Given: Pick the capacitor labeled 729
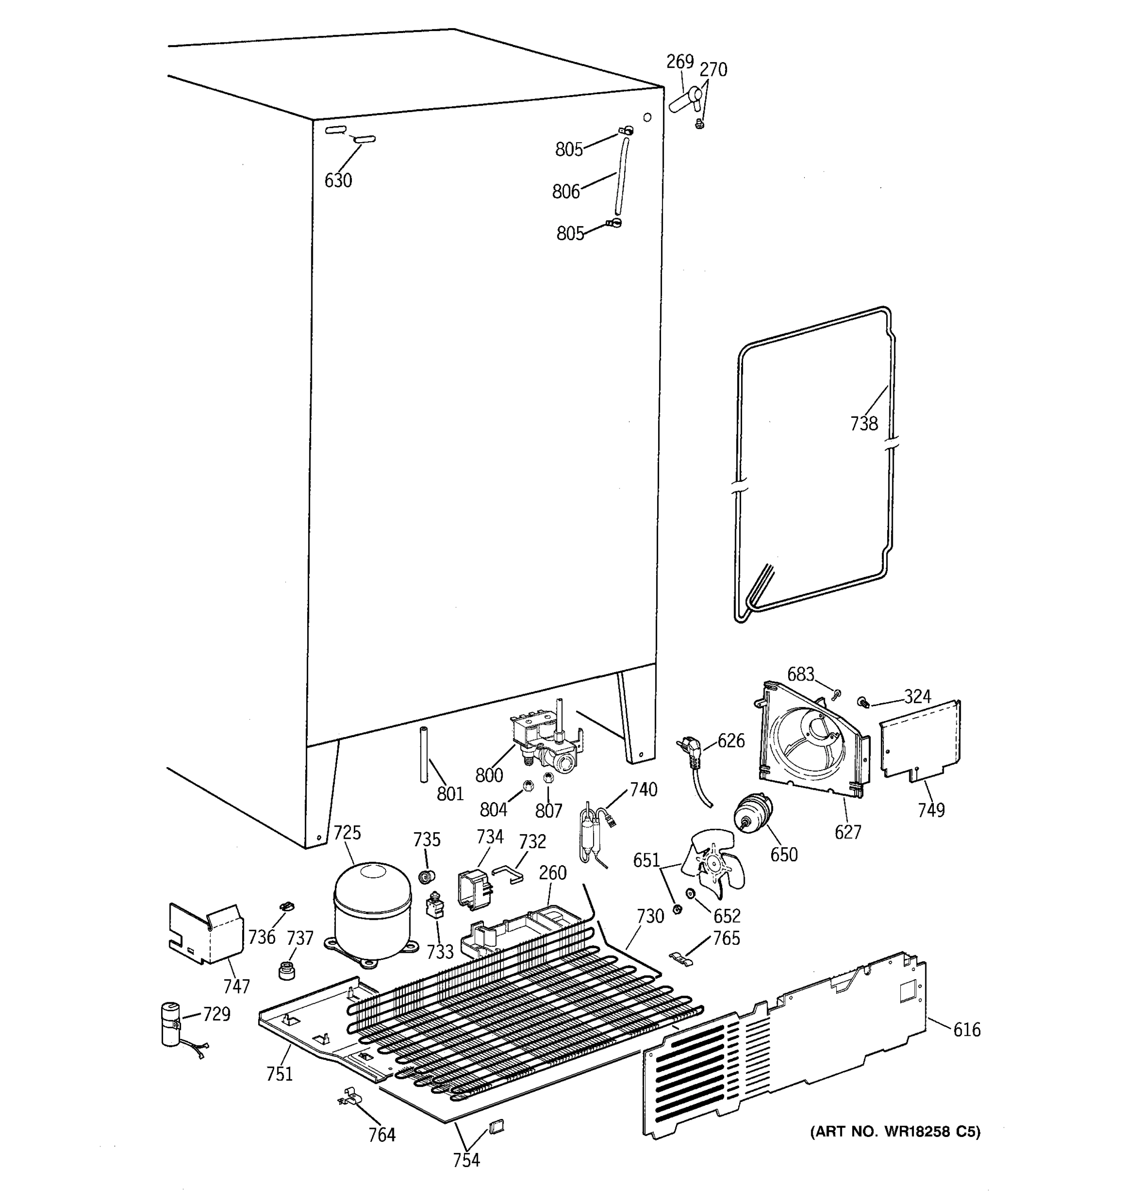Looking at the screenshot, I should (172, 1023).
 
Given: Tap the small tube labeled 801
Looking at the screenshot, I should (423, 755).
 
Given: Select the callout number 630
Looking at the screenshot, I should (338, 181).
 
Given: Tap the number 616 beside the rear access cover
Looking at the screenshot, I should (966, 1030).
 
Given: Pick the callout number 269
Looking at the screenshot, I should (680, 62).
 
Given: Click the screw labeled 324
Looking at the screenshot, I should (863, 702).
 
